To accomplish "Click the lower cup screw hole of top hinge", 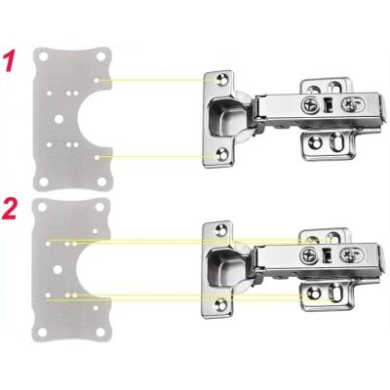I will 221,155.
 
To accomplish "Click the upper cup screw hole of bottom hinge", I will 221,230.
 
